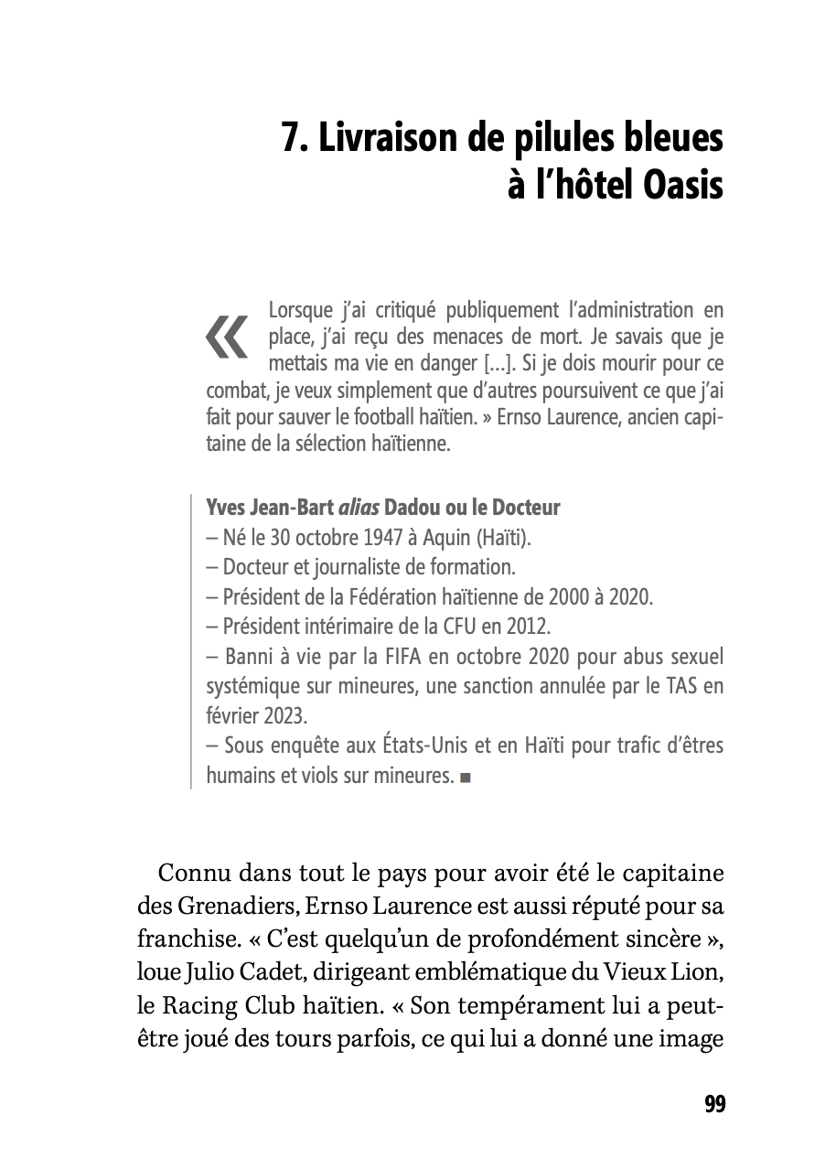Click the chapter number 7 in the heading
tap(290, 139)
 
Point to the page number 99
tap(715, 1104)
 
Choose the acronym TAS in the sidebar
tap(668, 687)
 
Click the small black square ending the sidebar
tap(466, 778)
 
